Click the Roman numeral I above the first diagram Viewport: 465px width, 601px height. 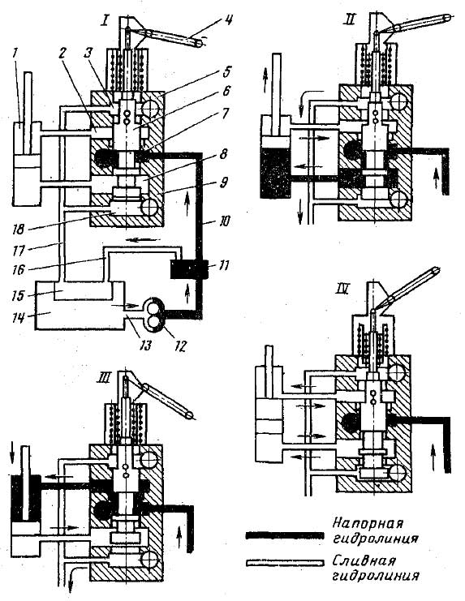(104, 19)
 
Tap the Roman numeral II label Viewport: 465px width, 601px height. (350, 19)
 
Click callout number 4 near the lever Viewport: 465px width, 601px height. (228, 19)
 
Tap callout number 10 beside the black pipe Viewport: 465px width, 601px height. (223, 221)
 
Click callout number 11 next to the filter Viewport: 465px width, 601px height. (222, 265)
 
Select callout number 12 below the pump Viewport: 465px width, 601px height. (180, 346)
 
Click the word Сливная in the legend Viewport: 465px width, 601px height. (364, 560)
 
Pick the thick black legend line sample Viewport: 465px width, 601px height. (285, 535)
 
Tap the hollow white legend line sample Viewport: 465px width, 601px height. (285, 563)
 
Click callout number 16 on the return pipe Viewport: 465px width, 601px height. (19, 269)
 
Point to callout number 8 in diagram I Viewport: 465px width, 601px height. (224, 154)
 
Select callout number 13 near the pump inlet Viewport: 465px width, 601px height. (146, 346)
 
